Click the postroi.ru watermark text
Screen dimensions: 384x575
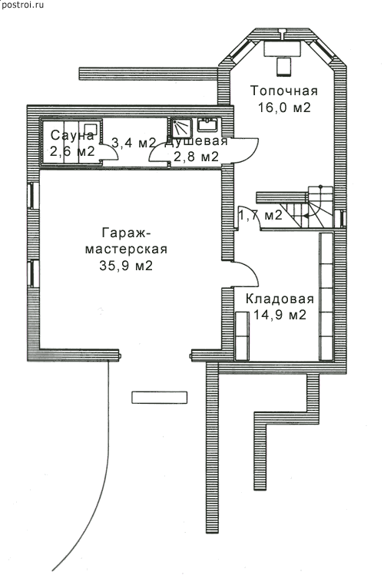tap(22, 5)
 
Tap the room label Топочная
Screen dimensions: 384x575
tap(284, 91)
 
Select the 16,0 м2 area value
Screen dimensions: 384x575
tap(284, 107)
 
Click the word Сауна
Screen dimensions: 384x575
tap(72, 135)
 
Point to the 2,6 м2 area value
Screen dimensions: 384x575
tap(72, 151)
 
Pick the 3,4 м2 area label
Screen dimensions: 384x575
tap(134, 142)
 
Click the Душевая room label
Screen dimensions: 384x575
tap(196, 141)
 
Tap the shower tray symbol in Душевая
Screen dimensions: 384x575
tap(181, 128)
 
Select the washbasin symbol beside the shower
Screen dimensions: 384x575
tap(208, 124)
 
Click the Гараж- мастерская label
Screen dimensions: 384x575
tap(126, 241)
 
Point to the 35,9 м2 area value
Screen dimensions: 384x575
tap(126, 265)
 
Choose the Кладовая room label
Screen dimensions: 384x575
tap(280, 299)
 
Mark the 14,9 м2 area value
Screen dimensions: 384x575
tap(280, 315)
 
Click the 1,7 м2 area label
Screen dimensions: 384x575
tap(260, 215)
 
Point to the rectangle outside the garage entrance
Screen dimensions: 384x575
tap(160, 398)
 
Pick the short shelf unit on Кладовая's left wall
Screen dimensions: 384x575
tap(242, 335)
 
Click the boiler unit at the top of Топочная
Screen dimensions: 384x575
tap(283, 48)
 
